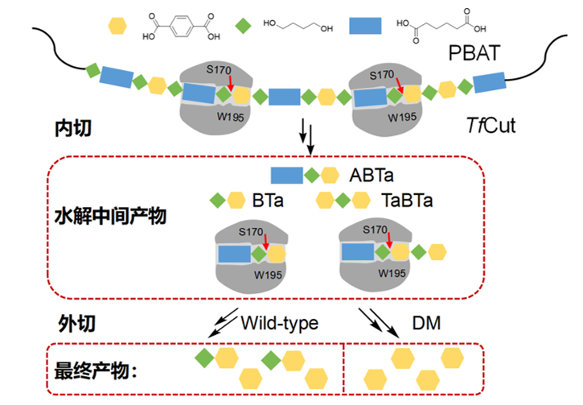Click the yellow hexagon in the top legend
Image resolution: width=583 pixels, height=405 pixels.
[x=117, y=26]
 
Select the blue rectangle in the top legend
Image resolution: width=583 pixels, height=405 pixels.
[x=364, y=26]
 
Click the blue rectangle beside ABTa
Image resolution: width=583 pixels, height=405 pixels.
[x=286, y=174]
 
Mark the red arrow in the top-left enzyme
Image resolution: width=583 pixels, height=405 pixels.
[x=231, y=84]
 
